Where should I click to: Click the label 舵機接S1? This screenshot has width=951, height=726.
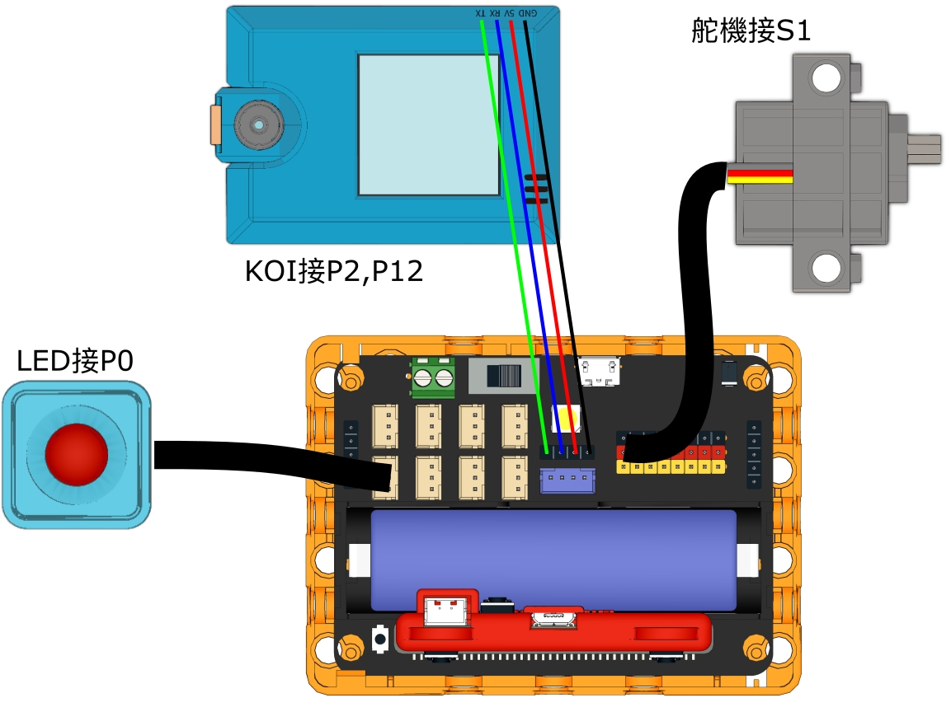(x=751, y=31)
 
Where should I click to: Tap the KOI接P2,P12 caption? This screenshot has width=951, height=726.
(x=334, y=271)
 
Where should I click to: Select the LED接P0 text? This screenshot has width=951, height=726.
(x=75, y=361)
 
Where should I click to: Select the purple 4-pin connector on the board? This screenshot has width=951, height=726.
(x=567, y=480)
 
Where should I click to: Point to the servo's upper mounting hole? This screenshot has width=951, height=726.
(x=824, y=78)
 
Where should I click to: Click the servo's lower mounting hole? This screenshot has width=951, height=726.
(x=824, y=267)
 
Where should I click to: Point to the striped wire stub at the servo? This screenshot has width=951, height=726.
(x=760, y=176)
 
